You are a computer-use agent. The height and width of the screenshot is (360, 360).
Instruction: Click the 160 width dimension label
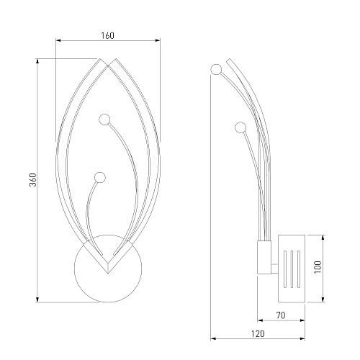pos(107,35)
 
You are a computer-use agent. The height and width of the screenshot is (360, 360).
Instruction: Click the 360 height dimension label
pos(32,179)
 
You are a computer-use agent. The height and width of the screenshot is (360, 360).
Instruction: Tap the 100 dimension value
pos(318,266)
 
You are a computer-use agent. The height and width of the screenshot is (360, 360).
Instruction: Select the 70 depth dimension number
pos(281,315)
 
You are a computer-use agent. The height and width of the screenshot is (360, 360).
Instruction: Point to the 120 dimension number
pos(258,333)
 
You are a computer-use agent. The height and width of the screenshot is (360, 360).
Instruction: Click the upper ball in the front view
pos(104,120)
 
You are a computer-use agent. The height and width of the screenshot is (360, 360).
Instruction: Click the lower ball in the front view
pos(100,177)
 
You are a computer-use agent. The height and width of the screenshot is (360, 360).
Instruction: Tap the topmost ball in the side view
pos(216,69)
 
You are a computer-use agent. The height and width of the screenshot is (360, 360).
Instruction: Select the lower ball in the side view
pos(240,127)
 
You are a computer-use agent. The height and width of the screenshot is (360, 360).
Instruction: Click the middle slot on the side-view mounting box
pos(292,269)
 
